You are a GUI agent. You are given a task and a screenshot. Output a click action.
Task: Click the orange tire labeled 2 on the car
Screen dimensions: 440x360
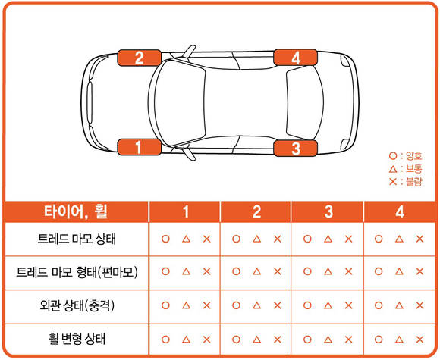click(x=139, y=58)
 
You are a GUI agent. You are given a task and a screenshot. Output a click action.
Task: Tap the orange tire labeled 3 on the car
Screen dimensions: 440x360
click(x=296, y=149)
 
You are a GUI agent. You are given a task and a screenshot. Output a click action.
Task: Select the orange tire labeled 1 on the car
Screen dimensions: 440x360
click(x=139, y=147)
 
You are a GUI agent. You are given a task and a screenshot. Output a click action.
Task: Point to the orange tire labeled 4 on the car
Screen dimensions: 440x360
click(x=296, y=57)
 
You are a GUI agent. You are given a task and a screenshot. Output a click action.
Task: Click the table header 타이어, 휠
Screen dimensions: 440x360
click(x=76, y=211)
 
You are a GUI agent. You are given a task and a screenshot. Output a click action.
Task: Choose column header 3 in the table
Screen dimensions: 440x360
click(x=328, y=211)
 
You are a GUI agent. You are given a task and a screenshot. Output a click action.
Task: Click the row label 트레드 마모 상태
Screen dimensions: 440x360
click(x=77, y=239)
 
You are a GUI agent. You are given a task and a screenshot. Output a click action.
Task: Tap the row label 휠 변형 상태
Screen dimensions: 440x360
click(x=77, y=339)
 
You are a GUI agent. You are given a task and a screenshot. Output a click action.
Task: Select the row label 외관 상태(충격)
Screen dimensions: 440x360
click(x=77, y=305)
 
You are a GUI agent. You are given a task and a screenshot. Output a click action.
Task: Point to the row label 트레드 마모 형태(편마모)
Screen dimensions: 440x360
click(x=77, y=272)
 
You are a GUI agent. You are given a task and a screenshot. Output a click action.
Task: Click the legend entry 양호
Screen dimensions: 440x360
click(x=406, y=156)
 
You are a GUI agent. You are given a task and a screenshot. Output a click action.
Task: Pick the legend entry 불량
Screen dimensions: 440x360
click(x=406, y=182)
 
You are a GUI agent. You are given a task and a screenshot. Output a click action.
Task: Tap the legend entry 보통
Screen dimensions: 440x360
click(x=406, y=169)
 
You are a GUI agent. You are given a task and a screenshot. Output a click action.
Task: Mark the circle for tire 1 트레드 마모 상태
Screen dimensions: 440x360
click(x=165, y=239)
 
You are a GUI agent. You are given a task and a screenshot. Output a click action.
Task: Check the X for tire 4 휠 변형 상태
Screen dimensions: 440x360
click(x=420, y=340)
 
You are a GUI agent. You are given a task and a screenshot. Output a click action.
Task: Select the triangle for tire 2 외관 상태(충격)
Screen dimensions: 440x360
click(x=256, y=305)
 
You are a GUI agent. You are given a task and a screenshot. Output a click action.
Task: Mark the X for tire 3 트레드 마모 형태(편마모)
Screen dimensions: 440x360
click(x=348, y=271)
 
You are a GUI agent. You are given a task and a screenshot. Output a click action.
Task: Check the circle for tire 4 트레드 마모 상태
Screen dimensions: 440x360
click(x=379, y=239)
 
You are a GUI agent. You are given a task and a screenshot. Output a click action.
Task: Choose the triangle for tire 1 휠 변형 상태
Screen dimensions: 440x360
click(x=186, y=340)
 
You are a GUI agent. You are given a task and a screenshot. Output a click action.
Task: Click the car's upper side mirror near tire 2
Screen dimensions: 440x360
click(x=189, y=51)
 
